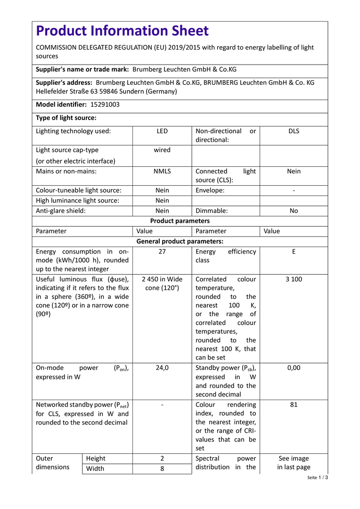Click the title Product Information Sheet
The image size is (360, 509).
122,31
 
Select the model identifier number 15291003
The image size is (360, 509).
105,105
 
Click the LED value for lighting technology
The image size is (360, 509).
162,131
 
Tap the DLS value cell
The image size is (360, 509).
294,131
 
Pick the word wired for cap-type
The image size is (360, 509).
162,150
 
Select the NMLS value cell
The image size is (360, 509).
162,171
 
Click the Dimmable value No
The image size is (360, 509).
294,211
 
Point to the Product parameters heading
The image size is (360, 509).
180,221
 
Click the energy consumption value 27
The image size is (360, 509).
162,252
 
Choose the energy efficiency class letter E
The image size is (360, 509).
294,252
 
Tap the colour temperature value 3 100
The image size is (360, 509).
294,279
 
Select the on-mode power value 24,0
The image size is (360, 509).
162,368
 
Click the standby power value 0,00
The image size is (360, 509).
294,368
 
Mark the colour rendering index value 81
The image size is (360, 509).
294,404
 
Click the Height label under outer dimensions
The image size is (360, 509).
96,458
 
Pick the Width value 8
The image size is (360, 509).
162,468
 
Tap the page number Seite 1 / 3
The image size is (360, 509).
317,477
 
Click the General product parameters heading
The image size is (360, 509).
180,241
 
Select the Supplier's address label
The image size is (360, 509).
64,82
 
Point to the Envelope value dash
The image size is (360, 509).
294,190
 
